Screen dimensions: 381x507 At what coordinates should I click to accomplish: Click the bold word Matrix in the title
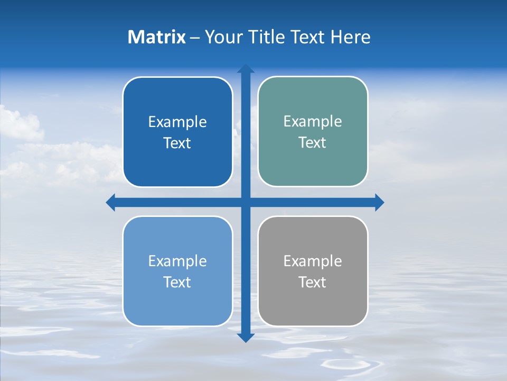point(157,37)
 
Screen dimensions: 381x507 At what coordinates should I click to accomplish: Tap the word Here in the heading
point(350,37)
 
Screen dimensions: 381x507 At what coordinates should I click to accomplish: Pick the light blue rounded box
point(177,307)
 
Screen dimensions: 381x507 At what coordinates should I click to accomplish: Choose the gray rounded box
point(313,307)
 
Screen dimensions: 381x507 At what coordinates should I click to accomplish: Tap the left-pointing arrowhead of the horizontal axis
point(111,203)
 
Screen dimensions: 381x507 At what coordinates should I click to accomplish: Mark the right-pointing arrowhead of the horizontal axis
point(379,203)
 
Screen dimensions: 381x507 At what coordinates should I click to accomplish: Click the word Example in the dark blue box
point(177,122)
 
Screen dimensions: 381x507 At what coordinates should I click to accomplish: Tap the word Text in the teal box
point(313,143)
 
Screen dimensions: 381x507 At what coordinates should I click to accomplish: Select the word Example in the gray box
point(313,261)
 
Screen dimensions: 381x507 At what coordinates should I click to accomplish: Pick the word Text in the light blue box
point(177,282)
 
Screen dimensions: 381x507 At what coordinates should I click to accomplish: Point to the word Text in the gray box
point(313,282)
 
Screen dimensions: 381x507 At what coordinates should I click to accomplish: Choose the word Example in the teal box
point(313,122)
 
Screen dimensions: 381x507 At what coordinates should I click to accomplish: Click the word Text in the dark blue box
point(177,143)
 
